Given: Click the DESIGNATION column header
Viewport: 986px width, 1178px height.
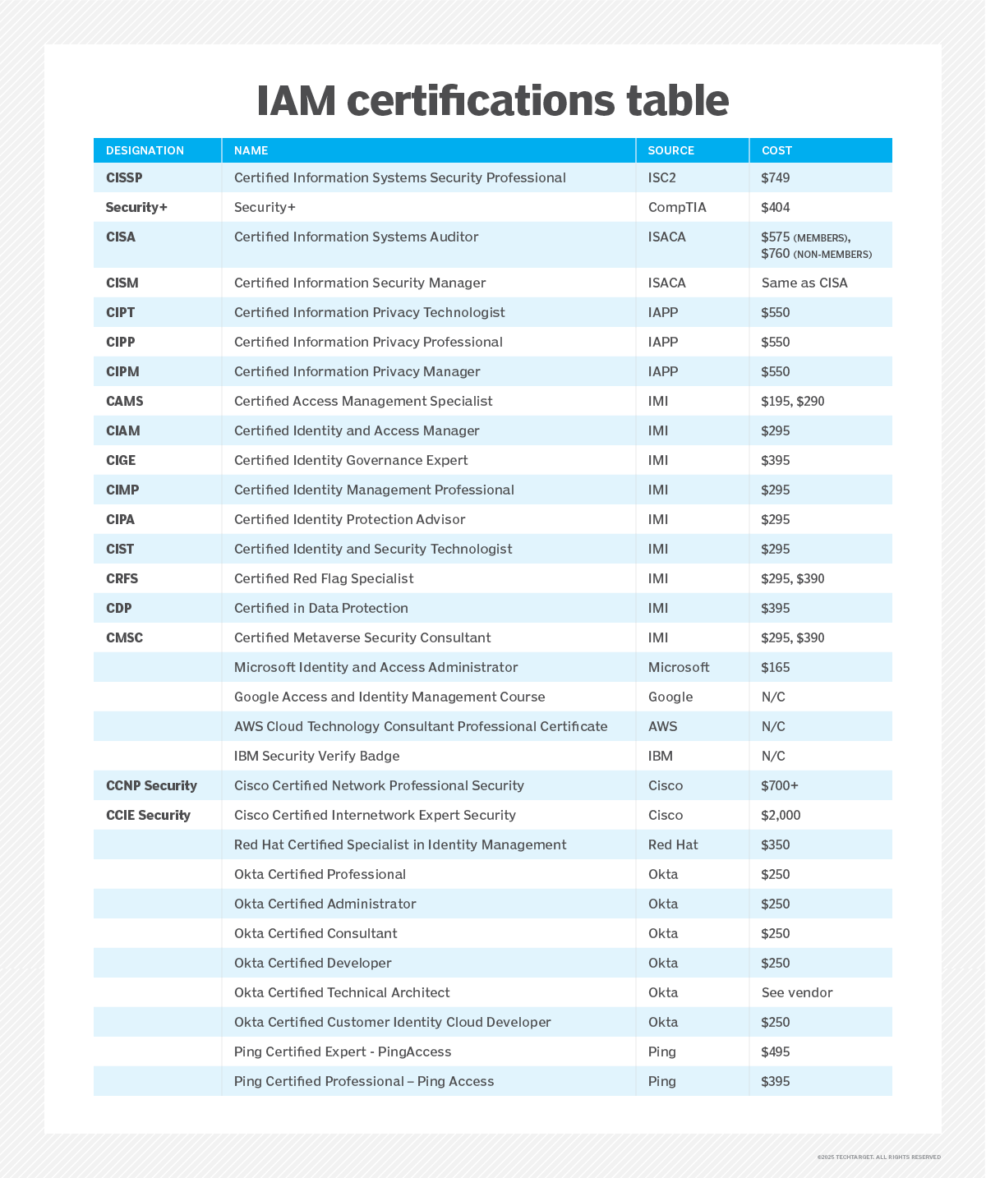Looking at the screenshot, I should tap(145, 150).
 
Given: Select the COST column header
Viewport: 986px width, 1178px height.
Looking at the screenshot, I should tap(776, 150).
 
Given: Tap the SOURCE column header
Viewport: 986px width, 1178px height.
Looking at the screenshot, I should tap(670, 150).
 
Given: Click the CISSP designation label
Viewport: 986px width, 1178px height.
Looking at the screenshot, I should tap(125, 177).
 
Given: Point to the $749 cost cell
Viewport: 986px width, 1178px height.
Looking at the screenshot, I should tap(776, 177).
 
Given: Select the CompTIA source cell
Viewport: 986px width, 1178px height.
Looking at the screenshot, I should tap(677, 207).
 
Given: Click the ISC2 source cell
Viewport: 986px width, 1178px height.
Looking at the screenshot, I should tap(662, 177).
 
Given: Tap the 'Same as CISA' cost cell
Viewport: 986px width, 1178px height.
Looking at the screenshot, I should tap(804, 283).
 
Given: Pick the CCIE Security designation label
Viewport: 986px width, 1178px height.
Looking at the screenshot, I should tap(148, 815).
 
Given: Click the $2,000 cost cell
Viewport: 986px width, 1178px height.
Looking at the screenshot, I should tap(781, 815).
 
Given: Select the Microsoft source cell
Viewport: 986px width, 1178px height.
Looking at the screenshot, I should tap(679, 667).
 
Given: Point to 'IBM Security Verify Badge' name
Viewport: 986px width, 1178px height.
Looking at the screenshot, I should tap(316, 756).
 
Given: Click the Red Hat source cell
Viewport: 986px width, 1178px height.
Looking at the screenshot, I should tap(673, 844).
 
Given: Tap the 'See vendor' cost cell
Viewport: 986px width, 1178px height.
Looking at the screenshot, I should tap(797, 992).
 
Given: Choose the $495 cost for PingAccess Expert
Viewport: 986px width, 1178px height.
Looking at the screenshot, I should tap(776, 1051).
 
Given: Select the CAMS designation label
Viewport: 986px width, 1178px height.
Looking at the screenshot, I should tap(125, 401).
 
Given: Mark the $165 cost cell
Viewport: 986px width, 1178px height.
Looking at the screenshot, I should tap(776, 667).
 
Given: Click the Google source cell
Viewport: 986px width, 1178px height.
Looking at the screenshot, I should tap(670, 697).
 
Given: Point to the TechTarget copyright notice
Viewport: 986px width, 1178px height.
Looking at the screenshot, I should tap(878, 1157).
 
